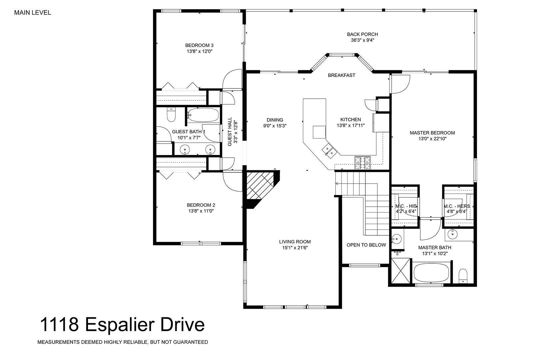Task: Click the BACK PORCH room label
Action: coord(362,34)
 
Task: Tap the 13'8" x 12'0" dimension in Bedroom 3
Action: coord(199,51)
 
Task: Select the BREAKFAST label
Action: coord(341,75)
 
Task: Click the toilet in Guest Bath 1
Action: coord(171,115)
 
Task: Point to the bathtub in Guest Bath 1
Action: coord(203,115)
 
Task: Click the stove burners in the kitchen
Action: coord(362,163)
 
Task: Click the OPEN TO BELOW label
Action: coord(366,245)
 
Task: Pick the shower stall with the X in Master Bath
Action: coord(400,271)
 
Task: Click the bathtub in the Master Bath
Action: coord(431,272)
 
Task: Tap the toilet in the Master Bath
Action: coord(463,276)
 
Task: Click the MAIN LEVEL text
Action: coord(33,13)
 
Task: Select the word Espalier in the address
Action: coord(120,325)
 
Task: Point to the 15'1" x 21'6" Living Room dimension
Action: coord(295,248)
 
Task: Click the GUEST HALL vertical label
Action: coord(229,132)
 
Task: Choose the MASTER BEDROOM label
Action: coord(432,133)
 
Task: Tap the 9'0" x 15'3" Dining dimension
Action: coord(275,126)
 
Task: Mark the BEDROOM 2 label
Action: coord(201,205)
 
